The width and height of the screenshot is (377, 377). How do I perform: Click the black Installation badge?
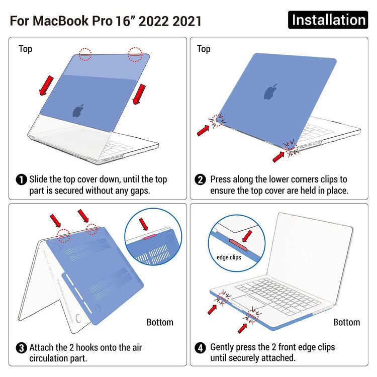[x=328, y=20]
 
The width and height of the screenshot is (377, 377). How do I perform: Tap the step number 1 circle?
[x=22, y=179]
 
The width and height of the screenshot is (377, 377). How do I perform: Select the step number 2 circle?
[x=200, y=179]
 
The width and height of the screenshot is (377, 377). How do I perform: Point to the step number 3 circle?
[x=22, y=348]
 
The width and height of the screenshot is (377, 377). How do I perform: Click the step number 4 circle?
[x=200, y=348]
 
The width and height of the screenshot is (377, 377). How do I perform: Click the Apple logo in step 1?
[x=78, y=111]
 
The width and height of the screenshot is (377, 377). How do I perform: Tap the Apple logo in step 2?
[x=271, y=92]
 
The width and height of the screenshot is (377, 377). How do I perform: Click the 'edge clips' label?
[x=229, y=257]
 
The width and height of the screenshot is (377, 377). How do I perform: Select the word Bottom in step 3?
[x=160, y=322]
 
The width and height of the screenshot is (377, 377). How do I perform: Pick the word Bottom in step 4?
[x=346, y=322]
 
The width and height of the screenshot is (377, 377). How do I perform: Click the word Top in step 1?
[x=25, y=49]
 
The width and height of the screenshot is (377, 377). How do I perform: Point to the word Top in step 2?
[x=204, y=49]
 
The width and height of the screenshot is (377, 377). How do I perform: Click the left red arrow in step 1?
[x=46, y=85]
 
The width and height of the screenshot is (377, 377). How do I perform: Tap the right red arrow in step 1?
[x=139, y=95]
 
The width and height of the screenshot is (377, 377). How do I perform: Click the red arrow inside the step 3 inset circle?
[x=143, y=224]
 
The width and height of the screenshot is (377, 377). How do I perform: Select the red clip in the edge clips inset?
[x=238, y=245]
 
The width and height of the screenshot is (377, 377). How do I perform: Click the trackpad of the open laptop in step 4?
[x=248, y=303]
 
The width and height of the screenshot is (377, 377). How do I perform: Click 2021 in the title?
[x=187, y=21]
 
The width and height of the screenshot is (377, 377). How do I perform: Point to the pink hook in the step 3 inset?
[x=149, y=237]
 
